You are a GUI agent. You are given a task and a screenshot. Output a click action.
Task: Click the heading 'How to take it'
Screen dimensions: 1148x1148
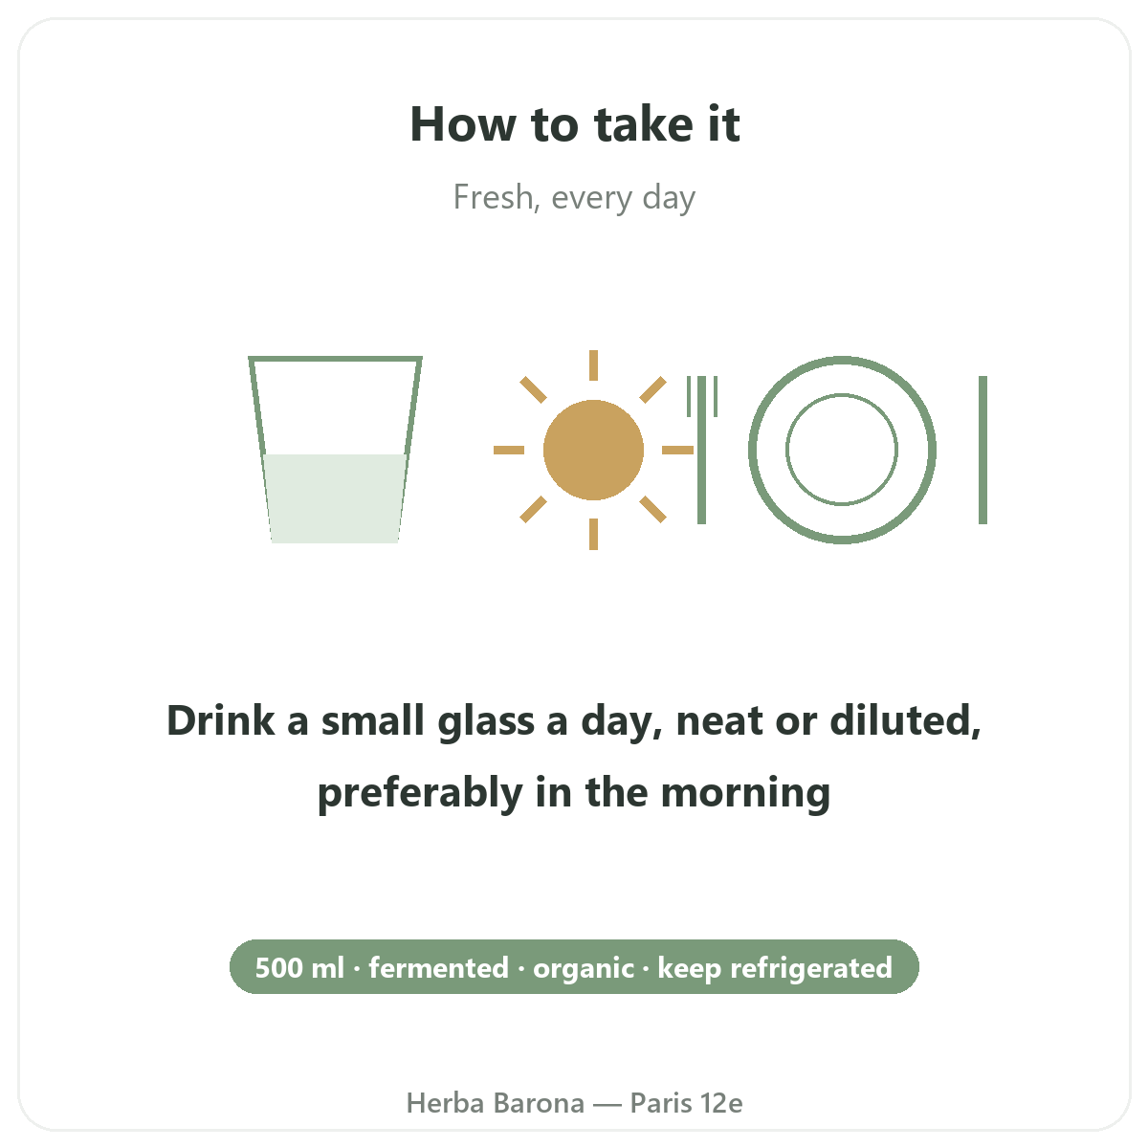point(574,124)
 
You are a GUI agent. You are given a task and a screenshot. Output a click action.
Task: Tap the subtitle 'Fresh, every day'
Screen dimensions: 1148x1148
point(574,197)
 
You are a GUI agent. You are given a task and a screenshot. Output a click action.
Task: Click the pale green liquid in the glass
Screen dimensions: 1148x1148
point(335,498)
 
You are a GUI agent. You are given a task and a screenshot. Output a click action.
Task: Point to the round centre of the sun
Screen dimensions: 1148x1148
point(593,450)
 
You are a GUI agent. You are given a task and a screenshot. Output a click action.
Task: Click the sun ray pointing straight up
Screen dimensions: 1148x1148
point(593,365)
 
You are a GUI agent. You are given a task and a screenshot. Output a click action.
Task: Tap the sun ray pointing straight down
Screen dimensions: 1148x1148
point(593,535)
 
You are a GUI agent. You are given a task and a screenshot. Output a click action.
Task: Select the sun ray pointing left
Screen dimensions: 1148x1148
point(509,450)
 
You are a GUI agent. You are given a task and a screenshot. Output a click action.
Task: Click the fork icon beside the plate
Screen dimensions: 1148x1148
point(702,450)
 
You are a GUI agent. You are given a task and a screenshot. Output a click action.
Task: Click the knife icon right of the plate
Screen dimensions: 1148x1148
point(983,450)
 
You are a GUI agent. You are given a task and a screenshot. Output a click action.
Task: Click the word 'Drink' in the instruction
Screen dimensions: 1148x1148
point(221,721)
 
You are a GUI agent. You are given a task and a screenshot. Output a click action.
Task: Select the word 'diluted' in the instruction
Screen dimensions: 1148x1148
point(905,721)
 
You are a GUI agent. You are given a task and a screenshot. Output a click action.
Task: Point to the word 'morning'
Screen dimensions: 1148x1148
point(745,793)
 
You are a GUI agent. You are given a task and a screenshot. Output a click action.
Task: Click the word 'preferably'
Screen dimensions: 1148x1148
point(420,793)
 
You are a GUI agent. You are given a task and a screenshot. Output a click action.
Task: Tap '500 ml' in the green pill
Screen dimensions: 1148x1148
point(299,967)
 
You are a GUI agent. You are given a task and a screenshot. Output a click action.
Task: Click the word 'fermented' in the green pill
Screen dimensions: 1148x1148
point(438,967)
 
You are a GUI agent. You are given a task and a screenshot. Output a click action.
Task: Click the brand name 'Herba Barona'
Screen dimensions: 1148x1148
point(495,1103)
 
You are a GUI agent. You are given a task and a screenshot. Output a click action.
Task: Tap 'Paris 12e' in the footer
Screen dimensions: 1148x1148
point(686,1103)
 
